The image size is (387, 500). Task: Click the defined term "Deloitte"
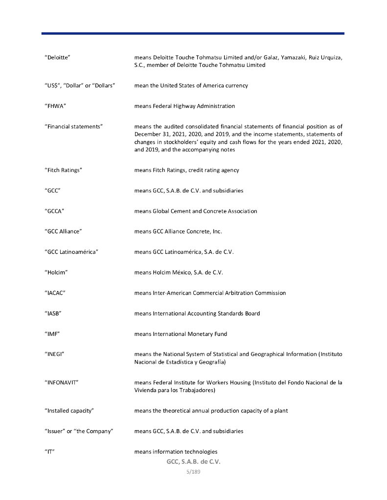pyautogui.click(x=57, y=58)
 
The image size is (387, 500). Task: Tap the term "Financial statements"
pyautogui.click(x=73, y=126)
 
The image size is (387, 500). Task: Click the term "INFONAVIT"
pyautogui.click(x=61, y=382)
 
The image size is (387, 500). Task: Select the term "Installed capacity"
pyautogui.click(x=69, y=411)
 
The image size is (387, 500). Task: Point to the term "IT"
pyautogui.click(x=49, y=452)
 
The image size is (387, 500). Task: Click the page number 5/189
pyautogui.click(x=193, y=473)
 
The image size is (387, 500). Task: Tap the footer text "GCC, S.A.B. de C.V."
pyautogui.click(x=193, y=462)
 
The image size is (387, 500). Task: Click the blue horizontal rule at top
pyautogui.click(x=193, y=33)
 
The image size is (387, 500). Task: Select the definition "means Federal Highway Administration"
pyautogui.click(x=184, y=106)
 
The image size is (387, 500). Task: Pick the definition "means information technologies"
pyautogui.click(x=176, y=452)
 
